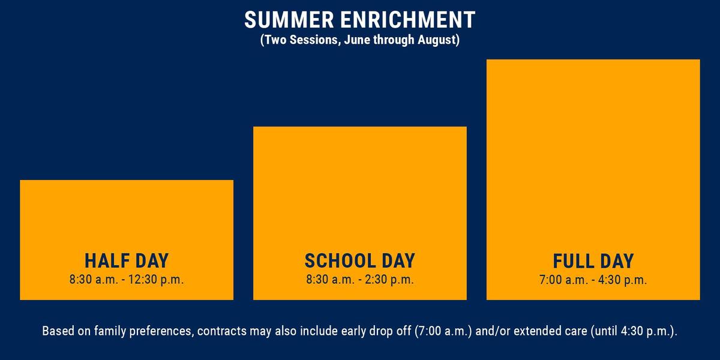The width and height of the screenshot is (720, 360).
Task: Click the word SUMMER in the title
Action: tap(289, 20)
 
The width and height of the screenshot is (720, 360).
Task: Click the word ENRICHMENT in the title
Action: tap(408, 20)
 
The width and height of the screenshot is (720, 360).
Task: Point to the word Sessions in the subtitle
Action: tap(314, 40)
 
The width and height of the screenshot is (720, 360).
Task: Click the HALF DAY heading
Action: tap(127, 260)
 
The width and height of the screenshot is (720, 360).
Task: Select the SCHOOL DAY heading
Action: tap(360, 260)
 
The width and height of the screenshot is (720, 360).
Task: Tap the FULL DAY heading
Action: tap(593, 261)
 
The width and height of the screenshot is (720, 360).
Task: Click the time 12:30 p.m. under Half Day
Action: tap(156, 280)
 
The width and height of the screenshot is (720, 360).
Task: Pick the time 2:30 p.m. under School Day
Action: tap(389, 280)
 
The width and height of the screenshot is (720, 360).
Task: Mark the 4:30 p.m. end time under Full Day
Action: tap(622, 280)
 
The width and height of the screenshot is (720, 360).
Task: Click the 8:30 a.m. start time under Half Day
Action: tap(94, 280)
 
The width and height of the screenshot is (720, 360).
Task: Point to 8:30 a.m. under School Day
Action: tap(331, 280)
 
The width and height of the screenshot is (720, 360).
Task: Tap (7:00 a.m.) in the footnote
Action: tap(443, 331)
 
